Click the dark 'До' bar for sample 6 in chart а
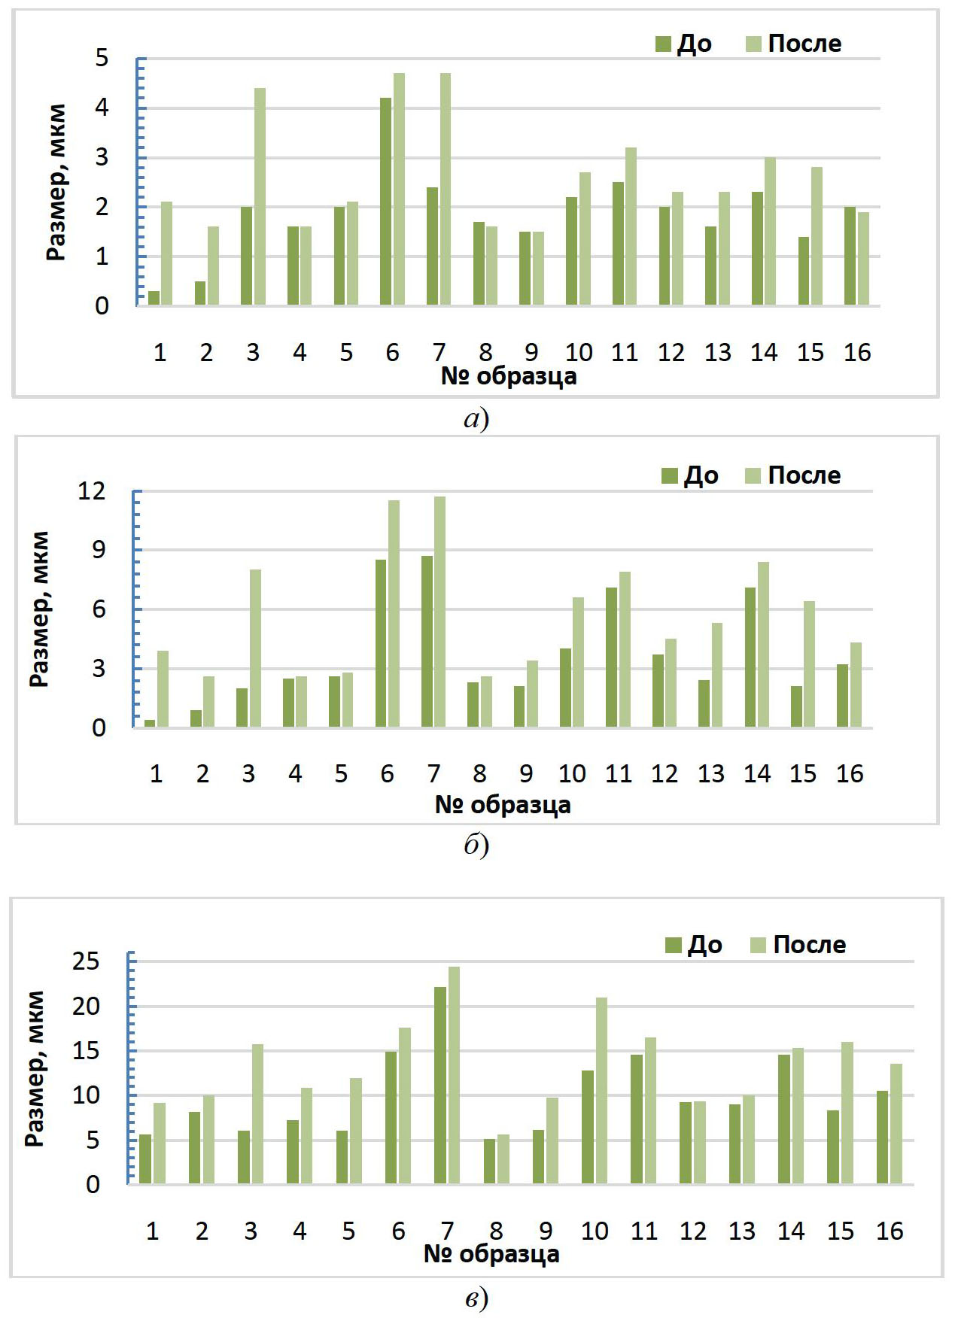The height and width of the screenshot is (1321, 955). click(x=385, y=202)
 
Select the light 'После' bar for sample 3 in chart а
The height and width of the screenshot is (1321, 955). click(x=260, y=197)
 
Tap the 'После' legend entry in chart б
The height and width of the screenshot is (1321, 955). click(x=794, y=475)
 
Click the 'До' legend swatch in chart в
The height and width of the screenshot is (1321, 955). click(x=673, y=945)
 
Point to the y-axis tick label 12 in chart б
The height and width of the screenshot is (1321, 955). click(x=92, y=491)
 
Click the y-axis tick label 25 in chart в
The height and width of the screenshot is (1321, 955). click(x=86, y=961)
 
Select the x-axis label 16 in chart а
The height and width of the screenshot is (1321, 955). click(x=857, y=352)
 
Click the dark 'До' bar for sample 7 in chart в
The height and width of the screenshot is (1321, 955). click(x=440, y=1086)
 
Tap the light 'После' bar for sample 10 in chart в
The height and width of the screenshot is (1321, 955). click(x=601, y=1091)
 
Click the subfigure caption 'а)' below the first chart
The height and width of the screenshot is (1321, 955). click(x=476, y=418)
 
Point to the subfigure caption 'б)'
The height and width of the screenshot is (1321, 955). click(x=476, y=846)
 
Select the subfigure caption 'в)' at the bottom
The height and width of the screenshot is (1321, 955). click(x=476, y=1298)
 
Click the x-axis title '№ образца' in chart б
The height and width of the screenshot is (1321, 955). click(x=503, y=805)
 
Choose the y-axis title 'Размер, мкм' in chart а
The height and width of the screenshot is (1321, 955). click(x=56, y=182)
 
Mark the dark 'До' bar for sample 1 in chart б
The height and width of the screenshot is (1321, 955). click(x=150, y=723)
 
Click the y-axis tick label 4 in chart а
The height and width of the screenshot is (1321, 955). click(x=102, y=108)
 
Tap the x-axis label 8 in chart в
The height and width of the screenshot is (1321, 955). click(x=496, y=1231)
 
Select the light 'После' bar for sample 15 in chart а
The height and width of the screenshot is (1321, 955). click(x=817, y=236)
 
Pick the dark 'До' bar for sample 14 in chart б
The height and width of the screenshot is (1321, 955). click(x=750, y=657)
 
